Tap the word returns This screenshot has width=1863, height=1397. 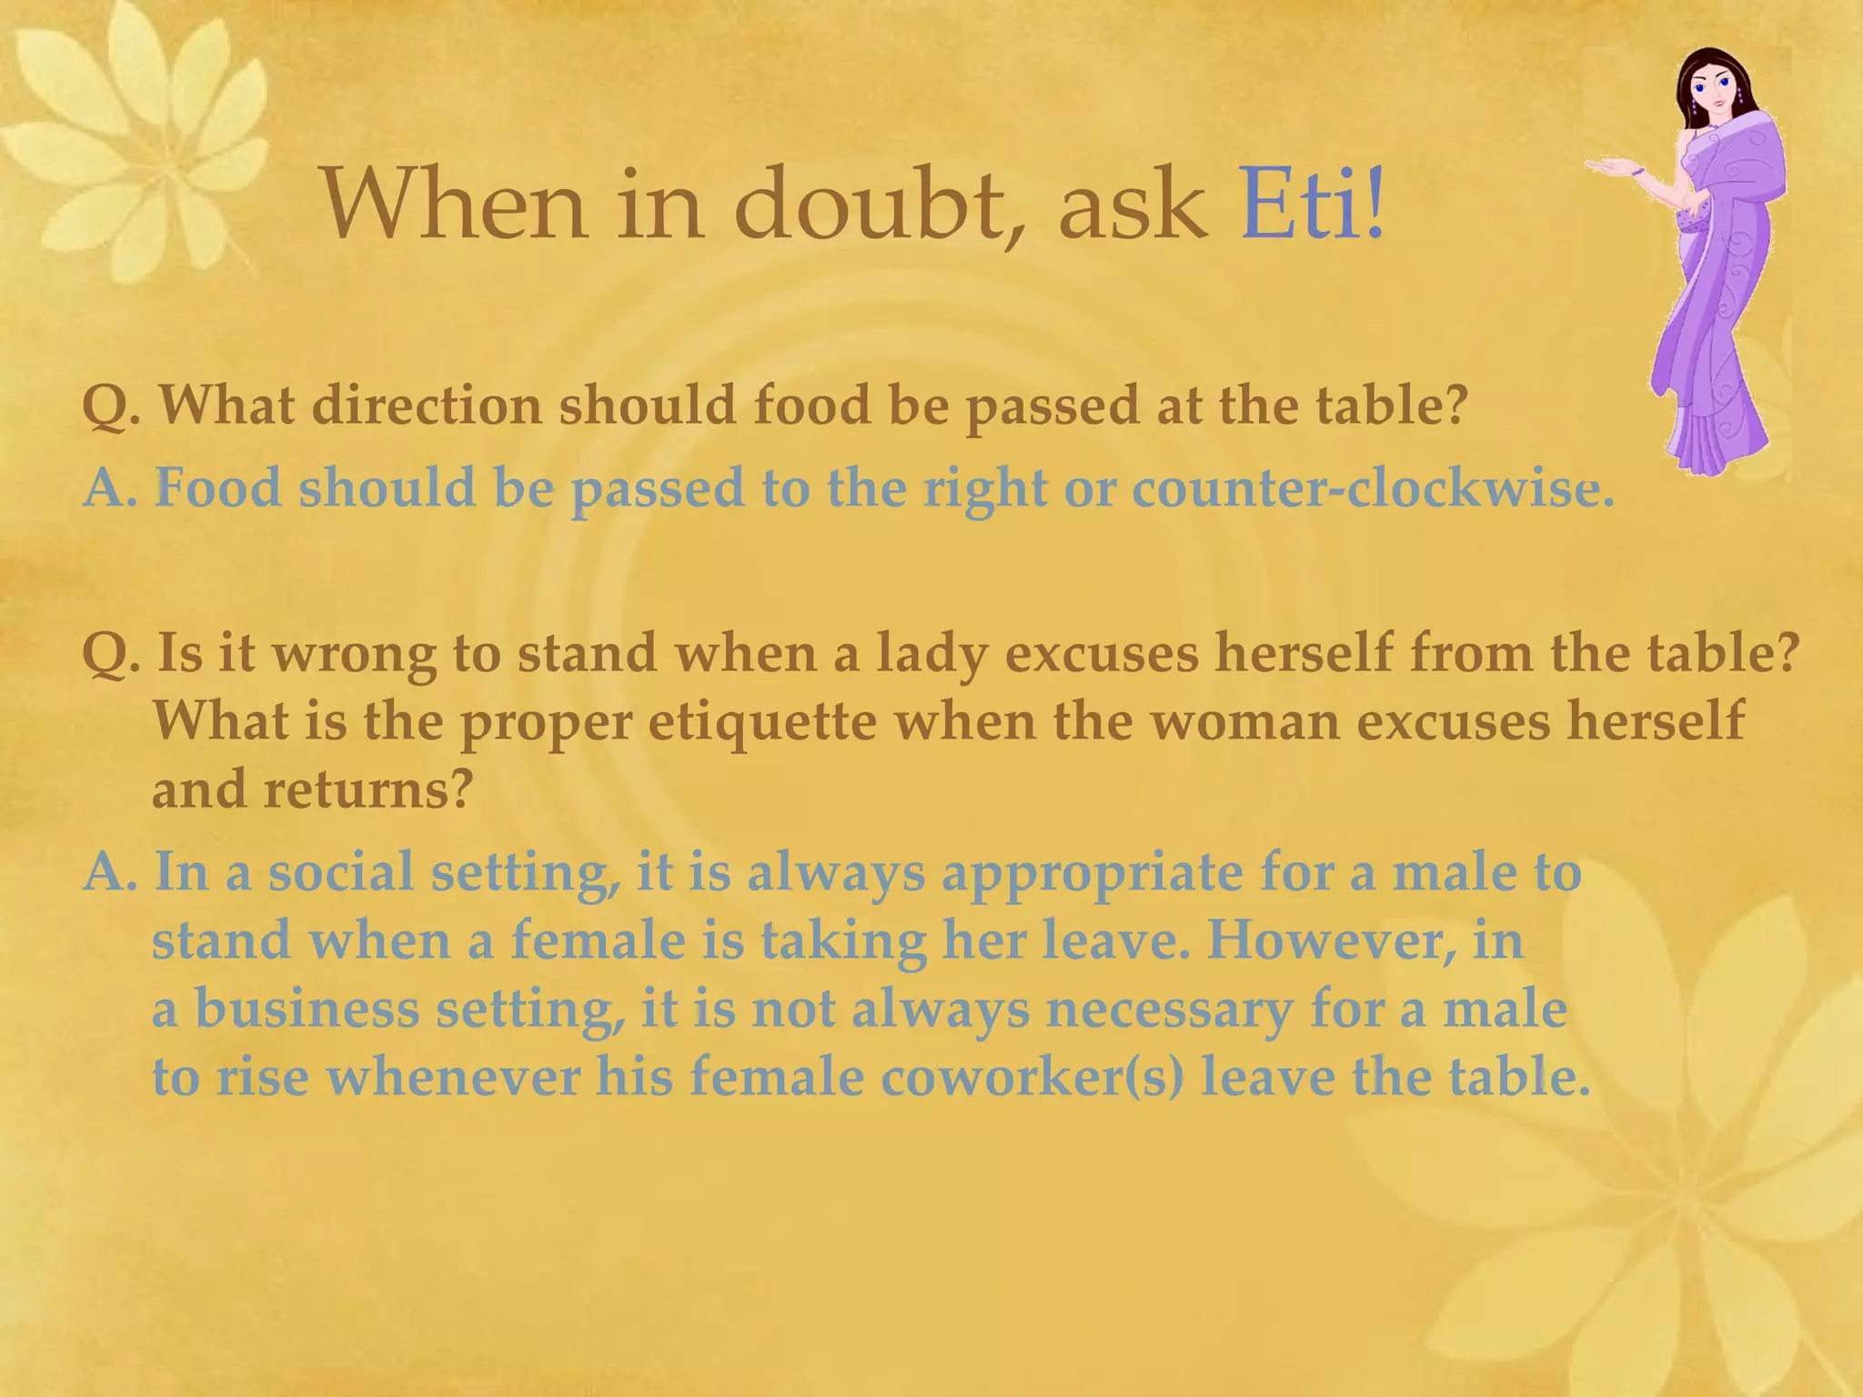pyautogui.click(x=368, y=789)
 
